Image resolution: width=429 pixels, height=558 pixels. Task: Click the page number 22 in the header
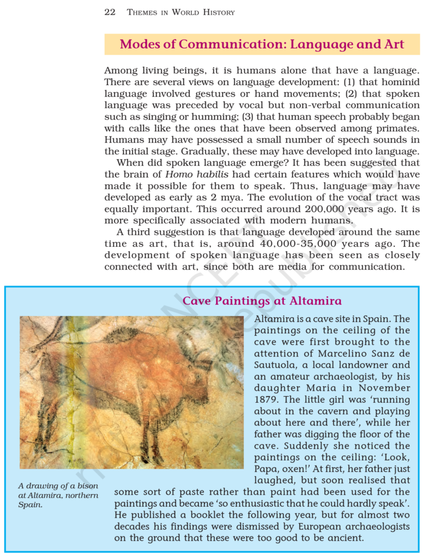110,12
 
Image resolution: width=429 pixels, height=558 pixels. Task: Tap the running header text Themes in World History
180,12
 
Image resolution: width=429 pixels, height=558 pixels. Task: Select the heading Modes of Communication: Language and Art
262,44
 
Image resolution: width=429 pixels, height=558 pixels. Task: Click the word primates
392,129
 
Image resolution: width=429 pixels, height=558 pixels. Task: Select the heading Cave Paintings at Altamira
262,301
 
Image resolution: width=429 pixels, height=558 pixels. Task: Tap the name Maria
320,388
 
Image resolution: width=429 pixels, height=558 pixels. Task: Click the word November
383,388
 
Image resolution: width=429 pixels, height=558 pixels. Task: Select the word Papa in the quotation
269,469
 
